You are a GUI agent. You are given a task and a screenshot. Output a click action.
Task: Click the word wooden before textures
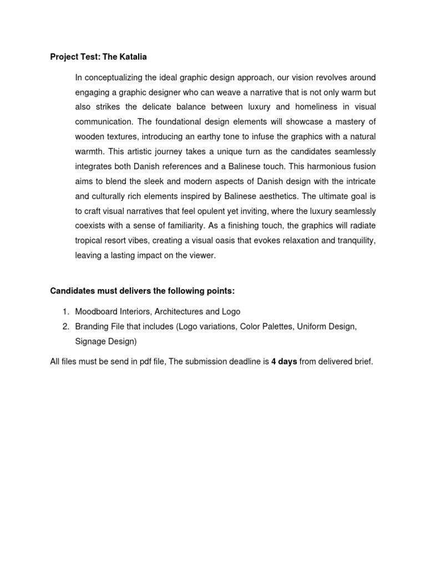pyautogui.click(x=90, y=136)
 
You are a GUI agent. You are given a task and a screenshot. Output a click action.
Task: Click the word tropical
pyautogui.click(x=92, y=241)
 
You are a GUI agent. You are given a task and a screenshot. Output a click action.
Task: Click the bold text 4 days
pyautogui.click(x=284, y=362)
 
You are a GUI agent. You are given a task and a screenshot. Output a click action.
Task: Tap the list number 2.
pyautogui.click(x=65, y=327)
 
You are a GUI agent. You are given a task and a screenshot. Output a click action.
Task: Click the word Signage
pyautogui.click(x=91, y=341)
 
